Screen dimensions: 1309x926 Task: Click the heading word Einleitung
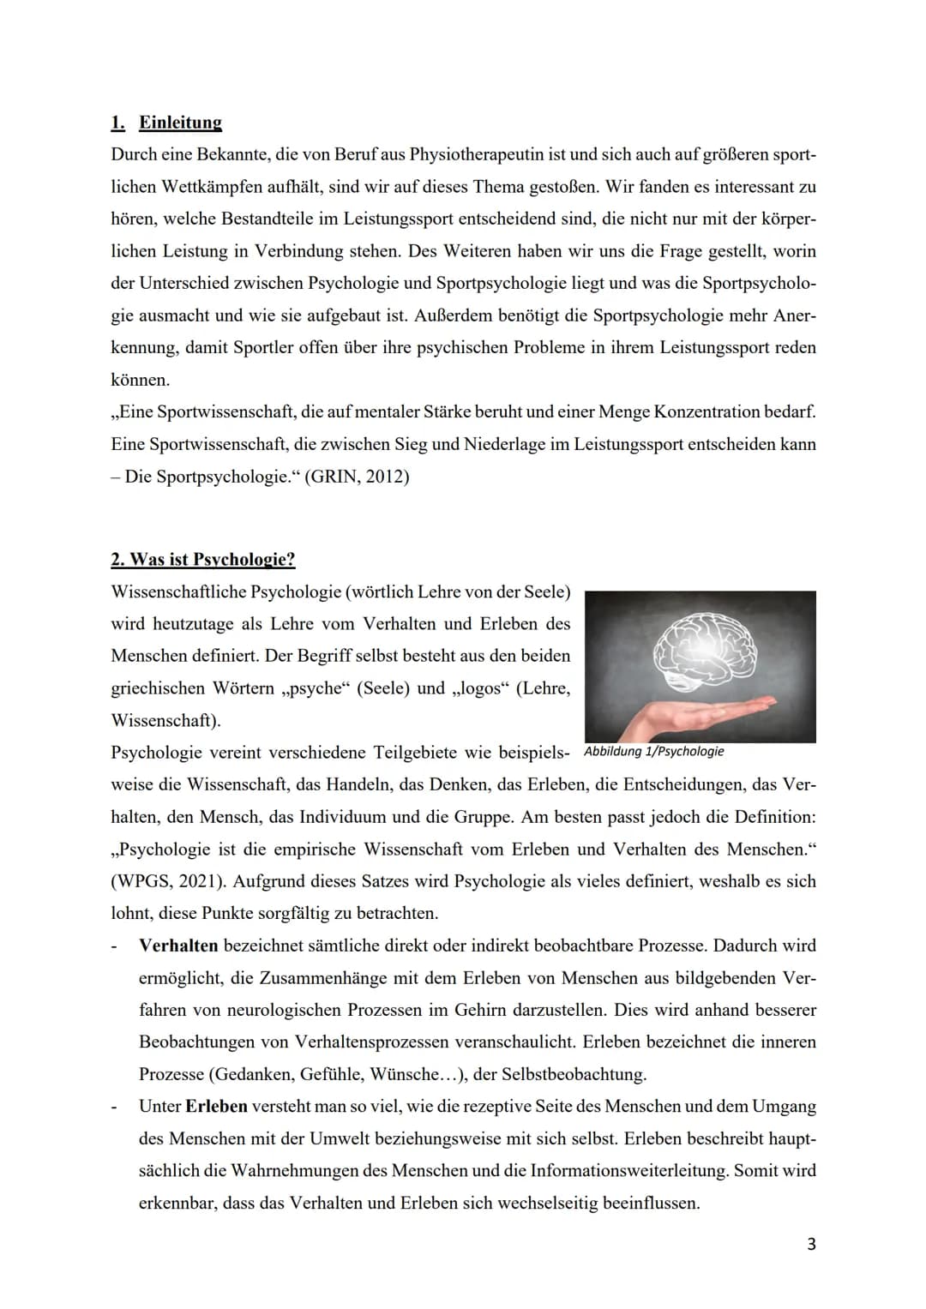[x=180, y=123]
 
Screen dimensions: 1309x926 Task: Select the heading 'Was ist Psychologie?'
[x=203, y=560]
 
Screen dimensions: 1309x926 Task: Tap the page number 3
[x=811, y=1244]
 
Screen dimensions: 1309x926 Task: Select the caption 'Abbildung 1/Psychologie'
[x=653, y=752]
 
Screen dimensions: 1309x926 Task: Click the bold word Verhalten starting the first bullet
[x=178, y=946]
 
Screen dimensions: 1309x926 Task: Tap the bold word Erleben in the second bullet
[x=216, y=1107]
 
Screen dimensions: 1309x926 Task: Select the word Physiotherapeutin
[x=476, y=155]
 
